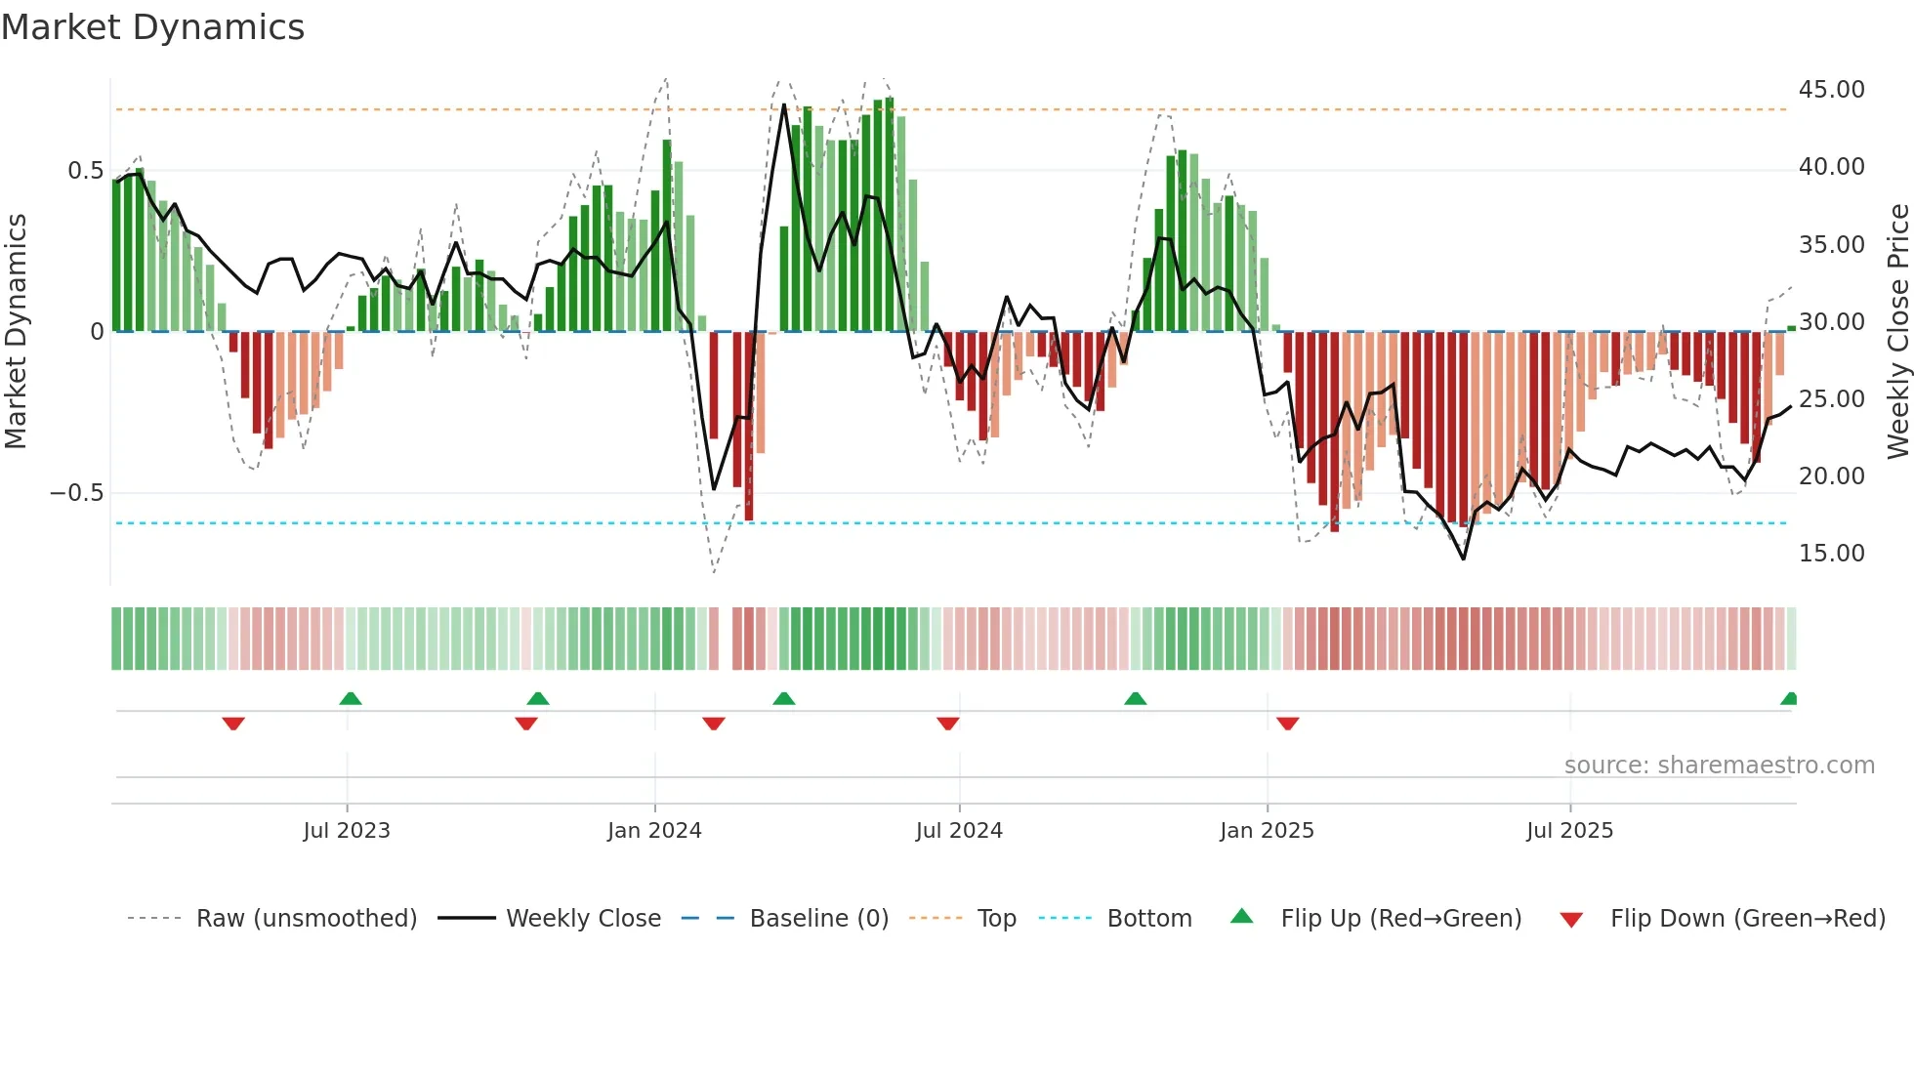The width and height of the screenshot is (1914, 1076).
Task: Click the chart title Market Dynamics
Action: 153,27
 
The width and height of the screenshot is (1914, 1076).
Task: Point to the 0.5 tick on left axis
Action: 86,171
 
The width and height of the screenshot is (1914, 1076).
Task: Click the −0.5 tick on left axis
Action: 77,492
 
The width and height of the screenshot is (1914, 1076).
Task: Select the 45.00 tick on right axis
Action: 1831,90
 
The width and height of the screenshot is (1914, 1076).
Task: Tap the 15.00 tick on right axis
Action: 1831,554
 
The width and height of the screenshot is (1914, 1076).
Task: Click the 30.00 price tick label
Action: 1831,322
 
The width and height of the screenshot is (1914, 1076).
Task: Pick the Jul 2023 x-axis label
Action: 347,831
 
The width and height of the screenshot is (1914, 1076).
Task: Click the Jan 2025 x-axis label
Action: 1267,831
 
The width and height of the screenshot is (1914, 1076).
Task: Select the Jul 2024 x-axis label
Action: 959,831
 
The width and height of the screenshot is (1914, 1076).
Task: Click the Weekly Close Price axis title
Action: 1897,332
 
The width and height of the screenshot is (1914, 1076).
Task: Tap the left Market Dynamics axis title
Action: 16,332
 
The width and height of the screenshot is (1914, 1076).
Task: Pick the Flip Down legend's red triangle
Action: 1571,920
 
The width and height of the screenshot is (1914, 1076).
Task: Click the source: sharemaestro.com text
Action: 1719,766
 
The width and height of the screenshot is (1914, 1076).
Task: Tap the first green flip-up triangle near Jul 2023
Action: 351,698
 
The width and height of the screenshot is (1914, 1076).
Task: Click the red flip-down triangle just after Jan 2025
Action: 1287,724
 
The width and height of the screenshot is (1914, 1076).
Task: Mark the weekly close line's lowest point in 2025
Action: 1463,559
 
